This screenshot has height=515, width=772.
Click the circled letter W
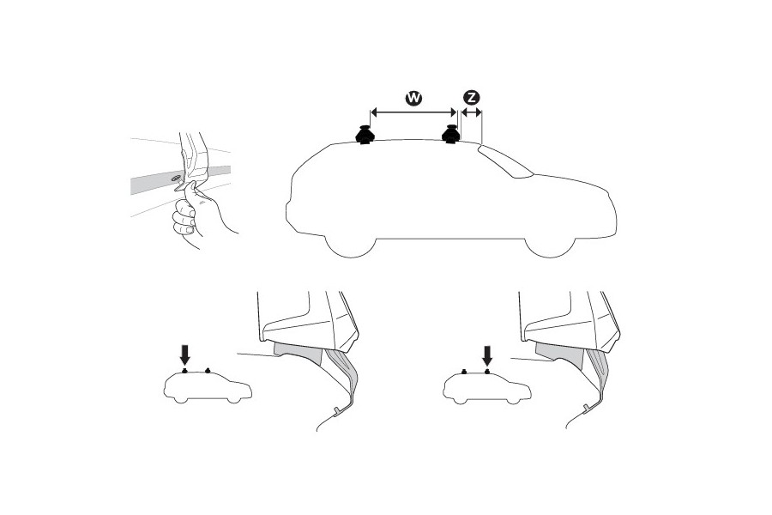pyautogui.click(x=413, y=99)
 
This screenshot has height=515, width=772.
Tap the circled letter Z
pyautogui.click(x=470, y=99)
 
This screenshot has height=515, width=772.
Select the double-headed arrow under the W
pyautogui.click(x=413, y=112)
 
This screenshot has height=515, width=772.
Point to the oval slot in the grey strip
pyautogui.click(x=176, y=179)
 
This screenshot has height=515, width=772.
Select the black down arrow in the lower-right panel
pyautogui.click(x=486, y=354)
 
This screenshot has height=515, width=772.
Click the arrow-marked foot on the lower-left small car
pyautogui.click(x=186, y=372)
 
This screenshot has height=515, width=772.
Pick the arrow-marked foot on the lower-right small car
pyautogui.click(x=486, y=372)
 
